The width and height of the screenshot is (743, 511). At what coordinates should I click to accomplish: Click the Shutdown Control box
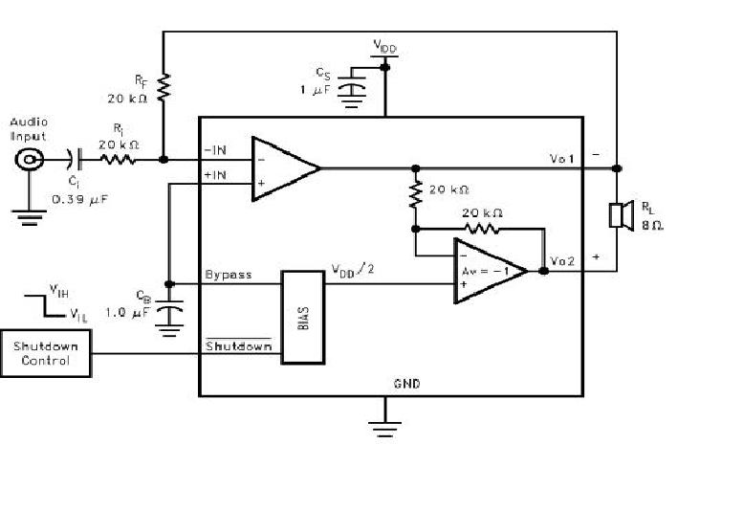(x=46, y=352)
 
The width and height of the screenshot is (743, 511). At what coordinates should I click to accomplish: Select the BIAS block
(x=301, y=317)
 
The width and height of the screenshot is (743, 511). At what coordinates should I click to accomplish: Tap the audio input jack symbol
(x=28, y=160)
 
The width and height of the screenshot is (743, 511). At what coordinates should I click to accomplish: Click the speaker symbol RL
(x=619, y=215)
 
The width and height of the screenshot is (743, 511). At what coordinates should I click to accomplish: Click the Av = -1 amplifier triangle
(x=487, y=271)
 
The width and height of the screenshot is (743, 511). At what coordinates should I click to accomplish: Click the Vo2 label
(x=564, y=261)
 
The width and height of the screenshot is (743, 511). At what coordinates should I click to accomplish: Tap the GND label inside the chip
(x=406, y=384)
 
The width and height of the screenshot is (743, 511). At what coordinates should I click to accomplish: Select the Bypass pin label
(x=229, y=275)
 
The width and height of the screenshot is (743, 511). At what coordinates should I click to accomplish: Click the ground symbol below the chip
(x=385, y=427)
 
